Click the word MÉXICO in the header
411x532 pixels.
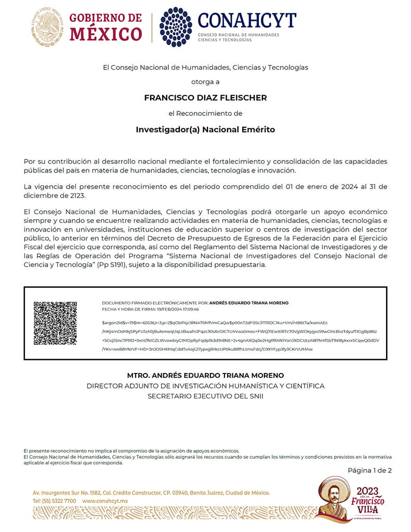click(x=105, y=34)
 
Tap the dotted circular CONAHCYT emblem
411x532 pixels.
click(x=176, y=27)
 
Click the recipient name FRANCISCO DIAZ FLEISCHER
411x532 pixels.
click(x=205, y=97)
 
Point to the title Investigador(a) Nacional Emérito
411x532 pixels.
click(x=205, y=129)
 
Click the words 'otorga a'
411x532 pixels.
click(x=205, y=82)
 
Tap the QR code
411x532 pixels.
click(x=55, y=323)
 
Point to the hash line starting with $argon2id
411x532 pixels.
click(x=215, y=323)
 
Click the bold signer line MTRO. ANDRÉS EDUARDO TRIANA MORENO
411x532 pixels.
click(x=205, y=376)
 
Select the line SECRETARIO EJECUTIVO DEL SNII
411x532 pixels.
click(x=205, y=396)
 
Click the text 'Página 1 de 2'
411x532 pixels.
click(x=369, y=471)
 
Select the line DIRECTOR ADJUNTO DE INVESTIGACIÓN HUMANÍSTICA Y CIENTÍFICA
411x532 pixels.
click(x=205, y=386)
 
